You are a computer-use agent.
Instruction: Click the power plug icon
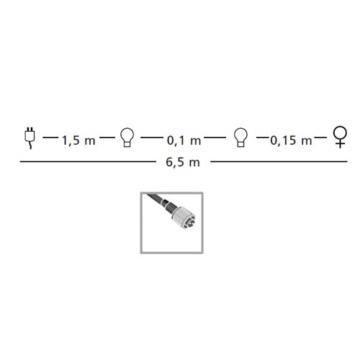pos(30,139)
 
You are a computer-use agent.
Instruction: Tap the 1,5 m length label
pos(79,140)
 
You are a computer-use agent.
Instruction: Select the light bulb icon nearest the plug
pos(127,138)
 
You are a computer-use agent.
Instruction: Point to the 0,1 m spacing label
pos(184,140)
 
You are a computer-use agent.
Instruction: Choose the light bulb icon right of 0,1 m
pos(240,138)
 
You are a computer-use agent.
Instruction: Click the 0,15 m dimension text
pos(291,140)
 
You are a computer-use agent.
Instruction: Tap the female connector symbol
pos(341,138)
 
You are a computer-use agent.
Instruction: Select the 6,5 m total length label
pos(183,162)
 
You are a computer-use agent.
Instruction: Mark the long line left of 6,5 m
pos(88,162)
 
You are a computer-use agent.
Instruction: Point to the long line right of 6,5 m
pos(279,162)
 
